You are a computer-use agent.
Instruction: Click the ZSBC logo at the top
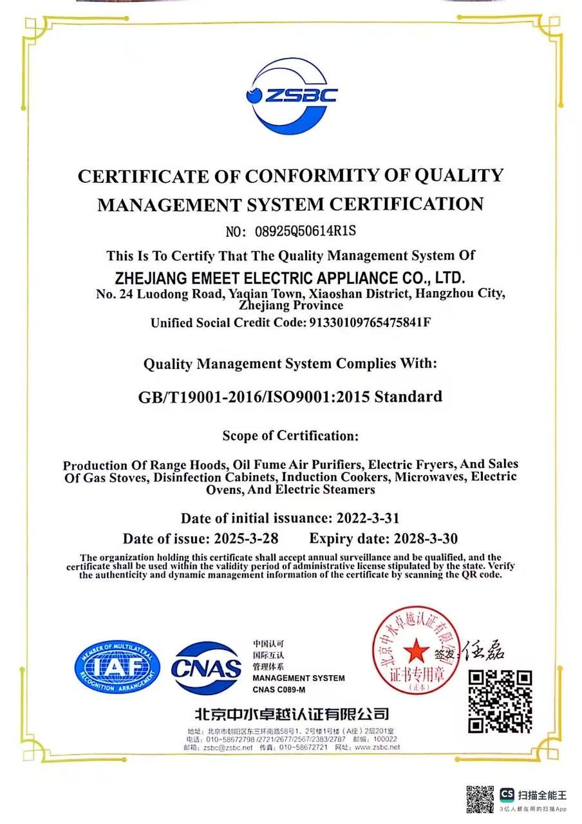point(291,96)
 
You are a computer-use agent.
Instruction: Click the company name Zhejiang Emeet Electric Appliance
point(289,279)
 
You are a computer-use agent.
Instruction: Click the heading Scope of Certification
point(290,436)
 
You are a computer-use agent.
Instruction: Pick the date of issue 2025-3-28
point(246,538)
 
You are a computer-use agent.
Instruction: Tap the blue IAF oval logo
point(117,668)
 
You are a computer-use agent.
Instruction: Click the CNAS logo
point(206,668)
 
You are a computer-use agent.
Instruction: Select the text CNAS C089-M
point(279,689)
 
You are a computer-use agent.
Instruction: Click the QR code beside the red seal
point(500,701)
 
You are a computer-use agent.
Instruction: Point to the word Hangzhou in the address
point(442,294)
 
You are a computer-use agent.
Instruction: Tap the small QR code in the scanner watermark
point(480,799)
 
